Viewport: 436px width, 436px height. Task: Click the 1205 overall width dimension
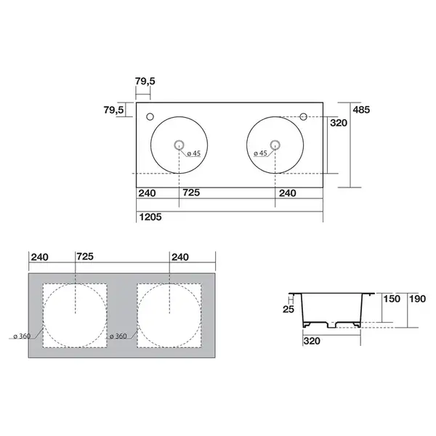click(x=150, y=217)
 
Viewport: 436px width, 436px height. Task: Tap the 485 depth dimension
click(x=361, y=110)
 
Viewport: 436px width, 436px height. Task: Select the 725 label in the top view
click(x=191, y=193)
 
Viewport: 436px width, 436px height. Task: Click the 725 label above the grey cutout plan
click(x=85, y=257)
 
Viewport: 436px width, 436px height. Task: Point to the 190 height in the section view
click(x=417, y=299)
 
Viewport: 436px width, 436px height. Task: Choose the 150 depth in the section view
click(x=392, y=299)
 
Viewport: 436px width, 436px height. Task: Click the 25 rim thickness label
click(x=288, y=310)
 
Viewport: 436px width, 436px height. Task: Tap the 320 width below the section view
click(x=312, y=341)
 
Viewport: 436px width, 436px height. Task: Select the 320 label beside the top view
click(x=339, y=123)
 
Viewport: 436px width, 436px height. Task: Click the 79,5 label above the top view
click(x=145, y=81)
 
